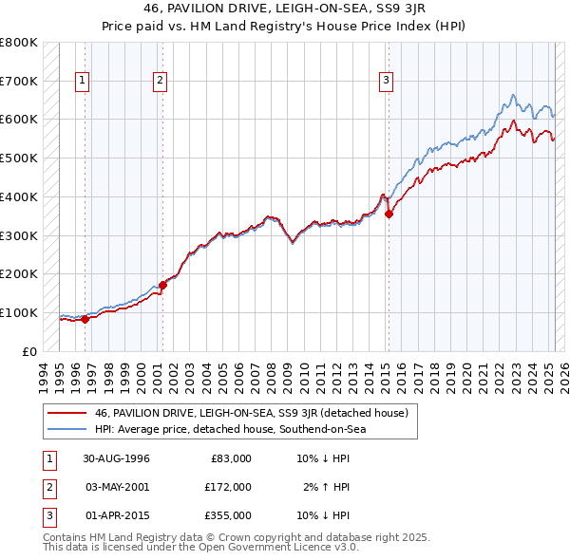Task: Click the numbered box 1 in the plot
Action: point(83,82)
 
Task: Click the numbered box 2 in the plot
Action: point(160,82)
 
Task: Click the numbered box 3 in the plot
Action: point(387,82)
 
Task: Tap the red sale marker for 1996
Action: point(85,319)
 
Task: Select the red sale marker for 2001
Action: point(162,284)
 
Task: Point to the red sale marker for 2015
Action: point(389,214)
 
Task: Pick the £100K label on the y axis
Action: point(20,312)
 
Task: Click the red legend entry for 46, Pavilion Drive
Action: point(251,413)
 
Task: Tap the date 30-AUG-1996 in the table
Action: point(117,458)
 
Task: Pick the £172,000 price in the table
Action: point(227,487)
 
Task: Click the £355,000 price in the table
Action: point(227,515)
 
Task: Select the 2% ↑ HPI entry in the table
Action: point(326,487)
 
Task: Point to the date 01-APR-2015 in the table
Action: point(117,515)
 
